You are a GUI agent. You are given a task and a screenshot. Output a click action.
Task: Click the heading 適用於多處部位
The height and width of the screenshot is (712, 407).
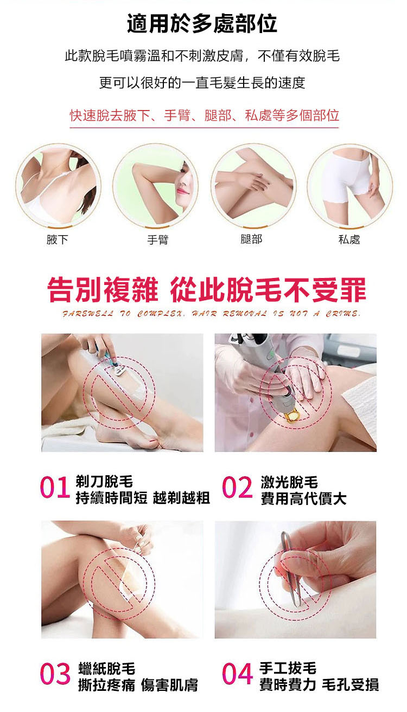point(202,24)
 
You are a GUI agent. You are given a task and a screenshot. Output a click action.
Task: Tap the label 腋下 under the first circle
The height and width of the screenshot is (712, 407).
point(58,239)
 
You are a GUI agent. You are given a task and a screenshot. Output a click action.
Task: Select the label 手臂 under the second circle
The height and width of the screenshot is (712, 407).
point(158,240)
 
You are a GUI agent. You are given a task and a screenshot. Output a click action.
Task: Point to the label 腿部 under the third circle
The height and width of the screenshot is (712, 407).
point(251,239)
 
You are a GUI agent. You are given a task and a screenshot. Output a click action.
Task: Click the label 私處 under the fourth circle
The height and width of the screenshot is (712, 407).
point(349,239)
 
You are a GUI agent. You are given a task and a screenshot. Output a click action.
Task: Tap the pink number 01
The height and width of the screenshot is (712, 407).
point(55,487)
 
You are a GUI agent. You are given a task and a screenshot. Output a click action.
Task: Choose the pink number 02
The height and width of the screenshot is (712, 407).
point(237,487)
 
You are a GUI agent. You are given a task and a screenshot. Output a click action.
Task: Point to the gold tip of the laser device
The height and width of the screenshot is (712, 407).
point(292,416)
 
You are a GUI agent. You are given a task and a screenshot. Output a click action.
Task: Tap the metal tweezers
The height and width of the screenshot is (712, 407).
point(292,569)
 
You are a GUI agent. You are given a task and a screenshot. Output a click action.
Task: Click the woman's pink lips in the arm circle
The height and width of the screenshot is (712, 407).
point(183,191)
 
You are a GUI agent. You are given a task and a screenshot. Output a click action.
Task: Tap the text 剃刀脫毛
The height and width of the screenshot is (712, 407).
point(104,481)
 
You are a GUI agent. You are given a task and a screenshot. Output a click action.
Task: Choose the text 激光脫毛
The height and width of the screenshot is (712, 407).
point(289,482)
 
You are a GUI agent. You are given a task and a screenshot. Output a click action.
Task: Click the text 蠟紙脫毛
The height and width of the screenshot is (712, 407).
point(106,668)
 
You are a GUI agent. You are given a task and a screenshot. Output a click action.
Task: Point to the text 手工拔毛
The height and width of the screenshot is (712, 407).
point(288,668)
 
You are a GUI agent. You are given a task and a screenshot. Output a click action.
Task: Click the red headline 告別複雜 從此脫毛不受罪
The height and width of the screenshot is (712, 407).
point(207,289)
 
